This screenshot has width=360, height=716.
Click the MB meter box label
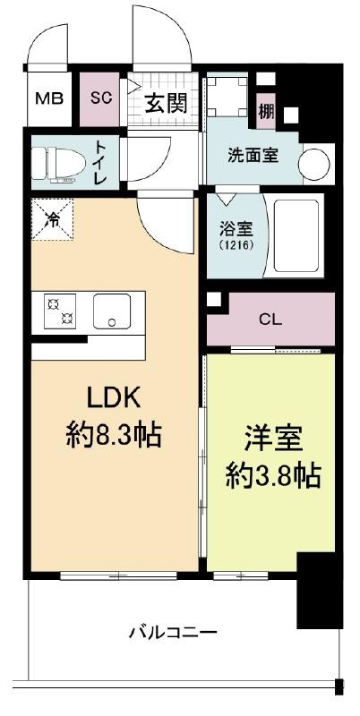pos(50,98)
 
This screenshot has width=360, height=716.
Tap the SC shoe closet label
pos(101,98)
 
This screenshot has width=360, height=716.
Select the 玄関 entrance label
pos(166,105)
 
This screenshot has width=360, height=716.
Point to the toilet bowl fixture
pos(59,164)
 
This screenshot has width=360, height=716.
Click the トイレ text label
pos(100,162)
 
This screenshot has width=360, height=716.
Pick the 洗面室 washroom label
pos(253,155)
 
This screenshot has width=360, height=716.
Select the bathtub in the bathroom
pos(296,236)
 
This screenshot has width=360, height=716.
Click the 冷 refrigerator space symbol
pos(52,220)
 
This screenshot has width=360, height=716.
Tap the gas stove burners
pos(60,311)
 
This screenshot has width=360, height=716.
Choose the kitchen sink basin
pos(112,311)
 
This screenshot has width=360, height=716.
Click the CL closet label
pos(270,320)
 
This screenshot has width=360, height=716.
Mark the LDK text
pos(114,399)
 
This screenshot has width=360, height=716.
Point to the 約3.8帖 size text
pos(274,477)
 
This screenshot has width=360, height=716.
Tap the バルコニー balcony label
pos(172,633)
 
